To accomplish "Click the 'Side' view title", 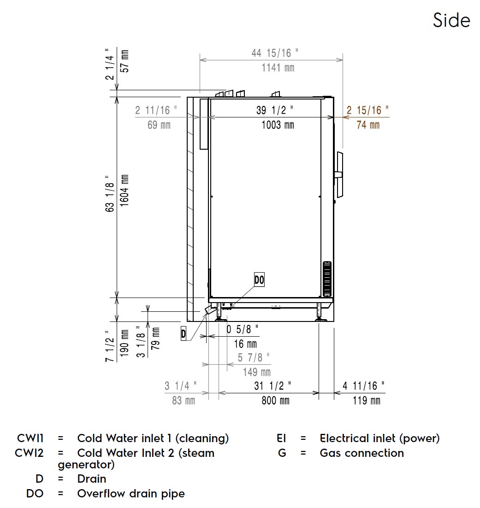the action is click(451, 20).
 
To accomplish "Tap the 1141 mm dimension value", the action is click(278, 68).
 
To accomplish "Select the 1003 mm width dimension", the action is click(278, 125).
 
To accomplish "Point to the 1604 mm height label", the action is click(124, 191).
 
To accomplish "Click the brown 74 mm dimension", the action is click(368, 125).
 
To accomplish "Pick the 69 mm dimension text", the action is click(159, 125).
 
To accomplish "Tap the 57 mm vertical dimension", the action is click(124, 61).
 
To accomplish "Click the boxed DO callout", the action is click(259, 280).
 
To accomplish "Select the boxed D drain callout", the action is click(184, 334).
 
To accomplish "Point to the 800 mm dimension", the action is click(275, 400).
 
